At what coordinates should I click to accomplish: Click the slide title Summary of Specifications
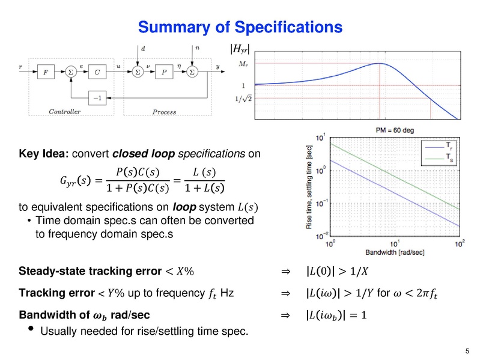(240, 27)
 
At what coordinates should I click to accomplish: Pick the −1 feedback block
(97, 96)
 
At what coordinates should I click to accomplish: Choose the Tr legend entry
(448, 145)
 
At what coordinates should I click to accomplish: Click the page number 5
(467, 351)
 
